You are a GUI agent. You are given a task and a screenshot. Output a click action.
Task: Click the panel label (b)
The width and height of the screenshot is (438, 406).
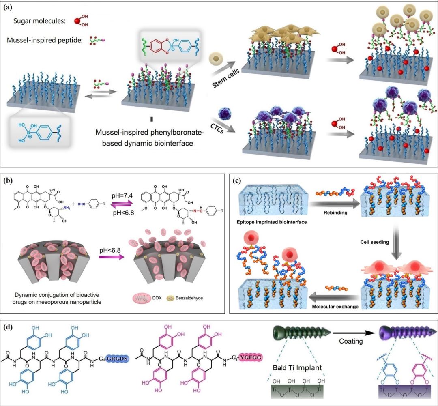[x=9, y=180]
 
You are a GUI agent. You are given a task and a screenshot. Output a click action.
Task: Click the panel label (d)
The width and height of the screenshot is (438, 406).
[x=9, y=326]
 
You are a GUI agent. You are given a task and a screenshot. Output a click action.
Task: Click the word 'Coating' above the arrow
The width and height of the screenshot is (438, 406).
[x=351, y=341]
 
